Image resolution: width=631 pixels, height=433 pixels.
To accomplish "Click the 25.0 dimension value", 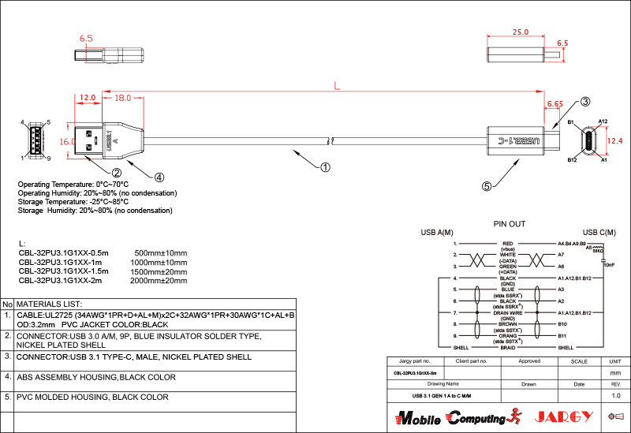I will click(520, 33).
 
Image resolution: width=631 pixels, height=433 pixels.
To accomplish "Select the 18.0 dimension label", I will click(123, 98).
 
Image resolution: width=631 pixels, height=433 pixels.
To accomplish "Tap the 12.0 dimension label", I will click(88, 98).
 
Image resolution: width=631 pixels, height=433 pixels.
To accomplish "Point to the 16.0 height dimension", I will click(67, 141).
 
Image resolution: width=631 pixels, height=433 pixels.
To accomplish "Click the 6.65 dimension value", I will click(554, 103).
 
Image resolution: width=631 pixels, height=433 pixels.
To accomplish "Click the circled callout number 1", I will click(325, 166).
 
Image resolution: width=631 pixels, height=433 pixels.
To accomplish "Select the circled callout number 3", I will click(585, 102).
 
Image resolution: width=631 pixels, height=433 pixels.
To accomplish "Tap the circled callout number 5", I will click(487, 186).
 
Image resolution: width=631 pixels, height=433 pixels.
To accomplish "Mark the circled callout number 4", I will click(159, 177).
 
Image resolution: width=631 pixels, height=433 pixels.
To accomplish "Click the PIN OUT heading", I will click(509, 224).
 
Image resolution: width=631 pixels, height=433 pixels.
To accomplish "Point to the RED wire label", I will click(507, 244).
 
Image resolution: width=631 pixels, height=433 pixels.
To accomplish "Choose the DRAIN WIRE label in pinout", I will click(507, 312).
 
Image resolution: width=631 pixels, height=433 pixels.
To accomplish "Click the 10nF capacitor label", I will click(608, 266).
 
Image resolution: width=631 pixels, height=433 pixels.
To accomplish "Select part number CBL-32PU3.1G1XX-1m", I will click(60, 262).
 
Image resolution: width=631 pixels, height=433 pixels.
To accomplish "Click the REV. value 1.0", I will click(615, 395).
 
